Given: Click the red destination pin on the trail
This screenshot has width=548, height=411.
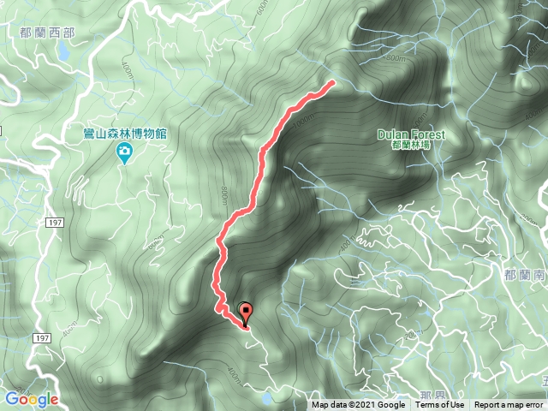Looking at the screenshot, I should coord(247,313).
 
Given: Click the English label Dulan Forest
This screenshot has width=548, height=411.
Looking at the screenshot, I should coord(410,134).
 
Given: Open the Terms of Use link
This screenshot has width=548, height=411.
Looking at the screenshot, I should coord(440,405).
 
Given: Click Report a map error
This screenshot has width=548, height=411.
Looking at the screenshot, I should coord(509,405).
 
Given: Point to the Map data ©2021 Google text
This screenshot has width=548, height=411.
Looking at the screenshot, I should coord(358,405).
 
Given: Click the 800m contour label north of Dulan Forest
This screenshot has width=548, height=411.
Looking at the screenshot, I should coord(394,58).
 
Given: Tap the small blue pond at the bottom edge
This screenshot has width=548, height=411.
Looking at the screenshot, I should coord(269,398).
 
